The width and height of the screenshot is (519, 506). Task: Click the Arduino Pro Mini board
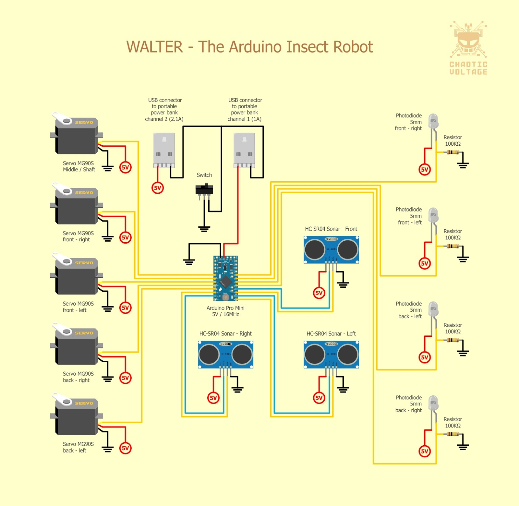(225, 278)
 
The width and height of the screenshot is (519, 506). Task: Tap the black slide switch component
(204, 189)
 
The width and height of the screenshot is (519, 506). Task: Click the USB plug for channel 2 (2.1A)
(164, 150)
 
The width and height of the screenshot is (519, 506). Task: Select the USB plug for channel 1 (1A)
(244, 150)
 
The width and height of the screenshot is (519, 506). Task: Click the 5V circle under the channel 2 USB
(158, 188)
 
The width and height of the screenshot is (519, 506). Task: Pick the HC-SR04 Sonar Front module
(331, 249)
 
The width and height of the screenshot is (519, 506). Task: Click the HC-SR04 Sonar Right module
(225, 354)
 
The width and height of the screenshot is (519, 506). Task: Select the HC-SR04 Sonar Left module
(331, 354)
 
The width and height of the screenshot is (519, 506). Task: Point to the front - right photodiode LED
(433, 122)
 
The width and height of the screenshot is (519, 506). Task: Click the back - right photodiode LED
(433, 404)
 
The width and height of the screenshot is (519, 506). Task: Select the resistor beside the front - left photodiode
(453, 246)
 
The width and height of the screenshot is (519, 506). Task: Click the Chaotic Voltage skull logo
(468, 41)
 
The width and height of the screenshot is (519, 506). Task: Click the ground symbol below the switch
(204, 229)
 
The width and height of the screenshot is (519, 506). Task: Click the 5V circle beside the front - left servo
(126, 307)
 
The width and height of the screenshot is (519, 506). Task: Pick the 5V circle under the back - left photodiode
(425, 357)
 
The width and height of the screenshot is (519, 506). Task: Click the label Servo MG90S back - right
(78, 377)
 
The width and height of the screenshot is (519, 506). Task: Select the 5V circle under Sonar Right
(213, 398)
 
